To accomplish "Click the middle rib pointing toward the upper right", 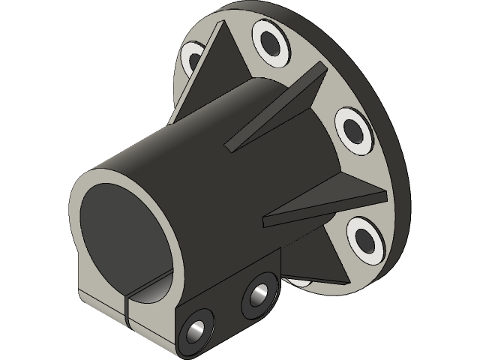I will (285, 105).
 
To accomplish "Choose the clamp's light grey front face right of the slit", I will (154, 315).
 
